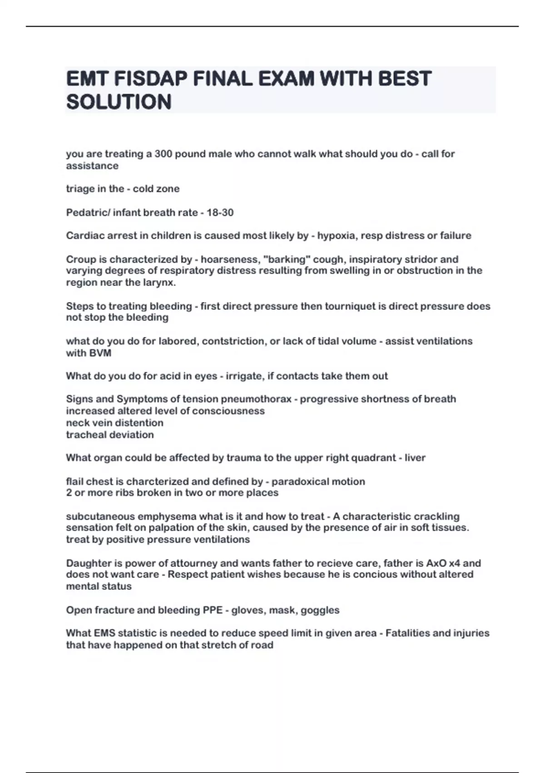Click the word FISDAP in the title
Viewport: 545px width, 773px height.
[x=150, y=79]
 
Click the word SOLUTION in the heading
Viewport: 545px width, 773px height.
[x=119, y=102]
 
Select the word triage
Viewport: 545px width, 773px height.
[x=79, y=189]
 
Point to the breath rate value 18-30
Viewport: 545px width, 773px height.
[x=220, y=212]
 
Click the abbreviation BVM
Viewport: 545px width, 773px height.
[x=89, y=353]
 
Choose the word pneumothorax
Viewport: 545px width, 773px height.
[x=256, y=399]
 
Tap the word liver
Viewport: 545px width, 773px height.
[x=415, y=457]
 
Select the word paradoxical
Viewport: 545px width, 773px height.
[x=299, y=481]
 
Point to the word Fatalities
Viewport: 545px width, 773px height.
[x=408, y=633]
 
